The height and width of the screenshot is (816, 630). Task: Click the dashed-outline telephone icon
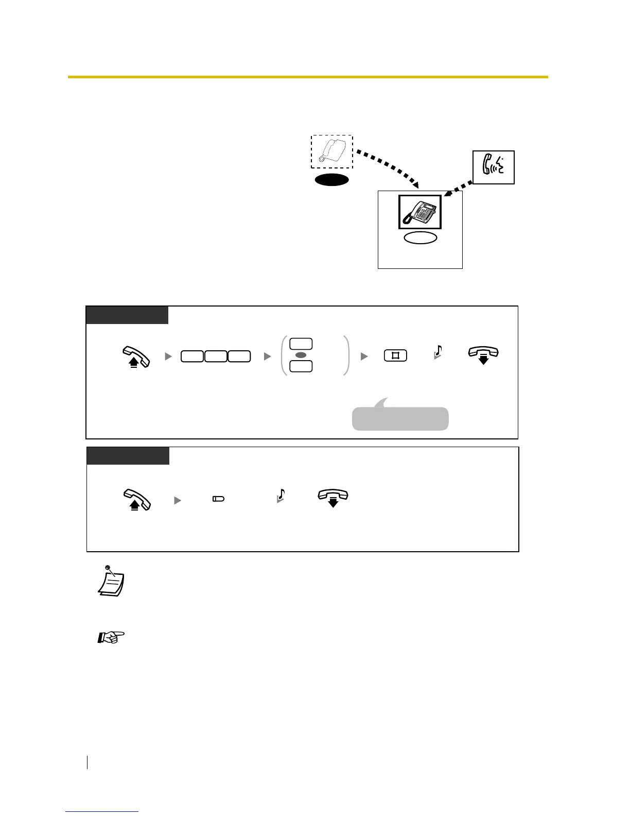point(331,151)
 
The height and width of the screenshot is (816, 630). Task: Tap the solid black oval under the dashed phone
point(332,180)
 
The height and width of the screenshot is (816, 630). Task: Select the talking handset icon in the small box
point(493,167)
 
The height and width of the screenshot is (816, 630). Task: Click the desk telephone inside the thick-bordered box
point(420,212)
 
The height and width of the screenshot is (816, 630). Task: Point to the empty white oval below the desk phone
point(420,237)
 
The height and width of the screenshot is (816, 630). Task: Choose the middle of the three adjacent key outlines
point(216,356)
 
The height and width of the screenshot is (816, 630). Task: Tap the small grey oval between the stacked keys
point(302,355)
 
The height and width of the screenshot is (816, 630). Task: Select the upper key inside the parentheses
point(301,344)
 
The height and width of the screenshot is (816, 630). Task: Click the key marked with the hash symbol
point(395,355)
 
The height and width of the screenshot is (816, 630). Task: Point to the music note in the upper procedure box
point(437,352)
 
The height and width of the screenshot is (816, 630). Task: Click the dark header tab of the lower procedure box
point(128,456)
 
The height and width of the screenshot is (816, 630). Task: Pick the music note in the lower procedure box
point(281,496)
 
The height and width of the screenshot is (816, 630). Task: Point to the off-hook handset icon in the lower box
point(136,499)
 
